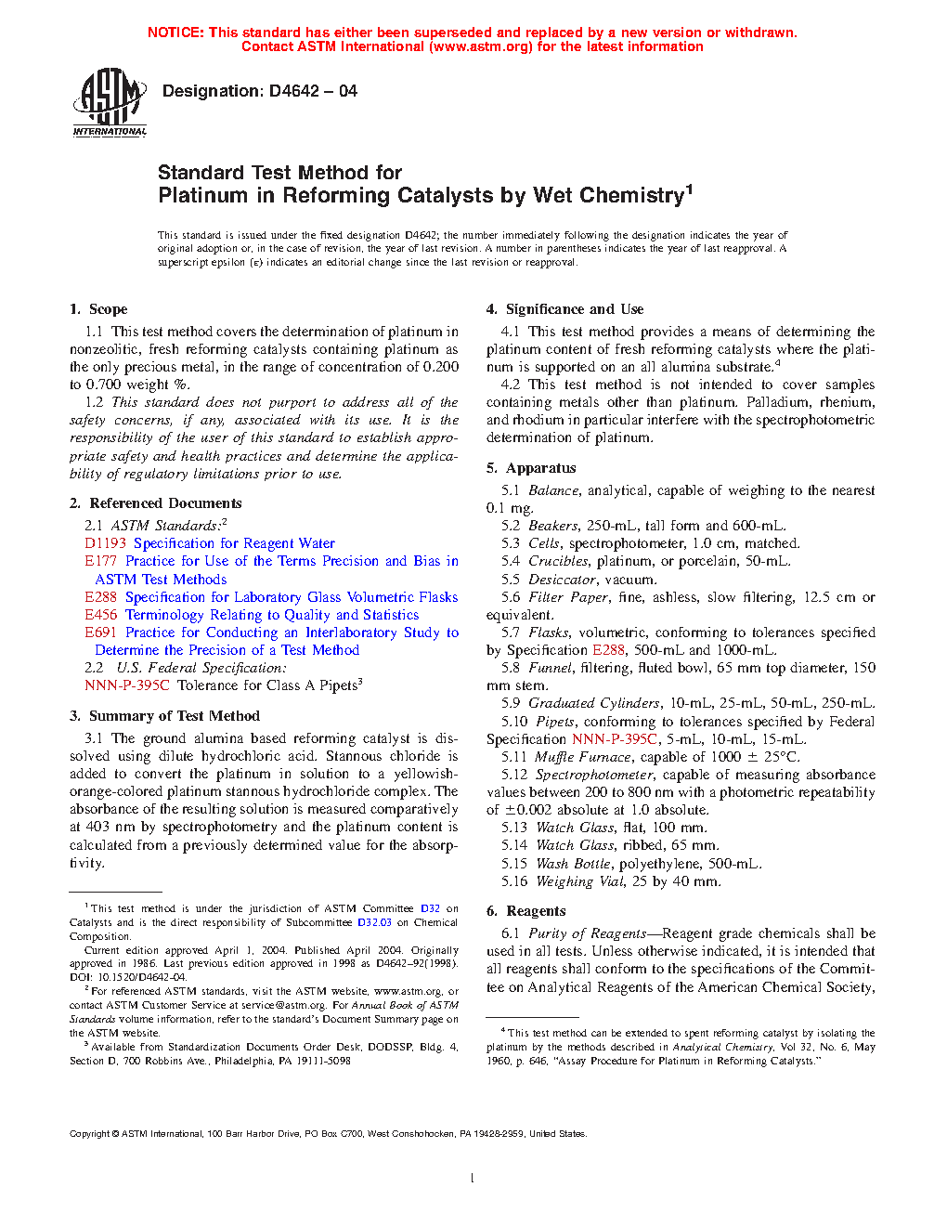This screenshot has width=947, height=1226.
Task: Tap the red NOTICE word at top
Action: point(175,33)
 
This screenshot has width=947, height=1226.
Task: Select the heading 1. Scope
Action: point(98,309)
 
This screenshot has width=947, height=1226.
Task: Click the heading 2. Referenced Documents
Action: point(155,503)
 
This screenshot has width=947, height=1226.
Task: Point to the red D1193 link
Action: point(105,543)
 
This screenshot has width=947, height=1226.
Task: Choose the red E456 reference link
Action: point(100,615)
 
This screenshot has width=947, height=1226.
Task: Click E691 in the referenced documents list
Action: point(100,633)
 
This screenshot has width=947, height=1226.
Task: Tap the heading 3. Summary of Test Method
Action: point(164,716)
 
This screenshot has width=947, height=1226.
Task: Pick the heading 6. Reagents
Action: point(525,911)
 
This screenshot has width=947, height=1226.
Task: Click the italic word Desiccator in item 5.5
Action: point(562,580)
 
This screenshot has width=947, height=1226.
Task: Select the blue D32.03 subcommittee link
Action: point(375,922)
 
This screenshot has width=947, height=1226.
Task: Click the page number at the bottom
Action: point(473,1179)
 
